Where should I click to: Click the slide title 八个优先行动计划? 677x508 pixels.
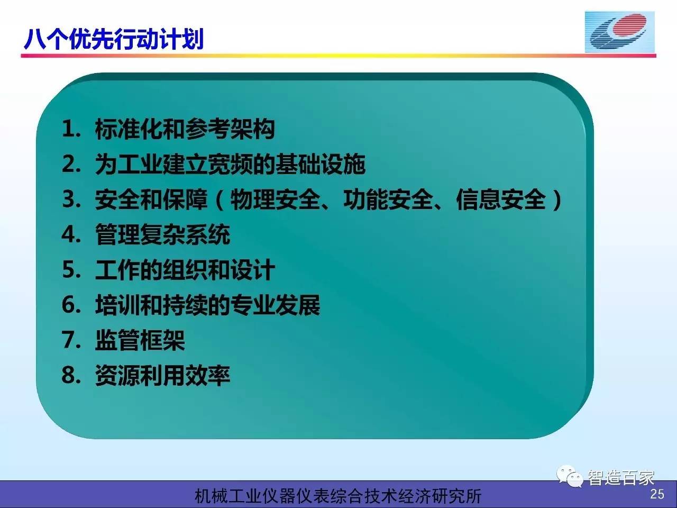pyautogui.click(x=114, y=39)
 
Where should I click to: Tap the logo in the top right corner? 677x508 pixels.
pyautogui.click(x=620, y=32)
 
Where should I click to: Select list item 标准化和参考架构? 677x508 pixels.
pyautogui.click(x=185, y=129)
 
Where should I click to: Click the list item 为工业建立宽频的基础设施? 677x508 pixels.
pyautogui.click(x=230, y=164)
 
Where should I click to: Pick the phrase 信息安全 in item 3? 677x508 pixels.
pyautogui.click(x=501, y=199)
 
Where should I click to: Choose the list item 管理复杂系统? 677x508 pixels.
pyautogui.click(x=162, y=235)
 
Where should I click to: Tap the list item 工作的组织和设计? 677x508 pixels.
pyautogui.click(x=185, y=270)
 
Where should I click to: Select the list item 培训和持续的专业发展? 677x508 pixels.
pyautogui.click(x=207, y=305)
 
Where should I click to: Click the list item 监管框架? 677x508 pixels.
pyautogui.click(x=140, y=340)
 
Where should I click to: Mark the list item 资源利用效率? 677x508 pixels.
pyautogui.click(x=162, y=375)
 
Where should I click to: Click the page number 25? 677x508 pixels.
pyautogui.click(x=657, y=494)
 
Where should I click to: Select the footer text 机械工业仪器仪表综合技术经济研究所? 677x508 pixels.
pyautogui.click(x=338, y=496)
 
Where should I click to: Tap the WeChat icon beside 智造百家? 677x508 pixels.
pyautogui.click(x=570, y=476)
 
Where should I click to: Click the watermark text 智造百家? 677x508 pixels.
pyautogui.click(x=621, y=478)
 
